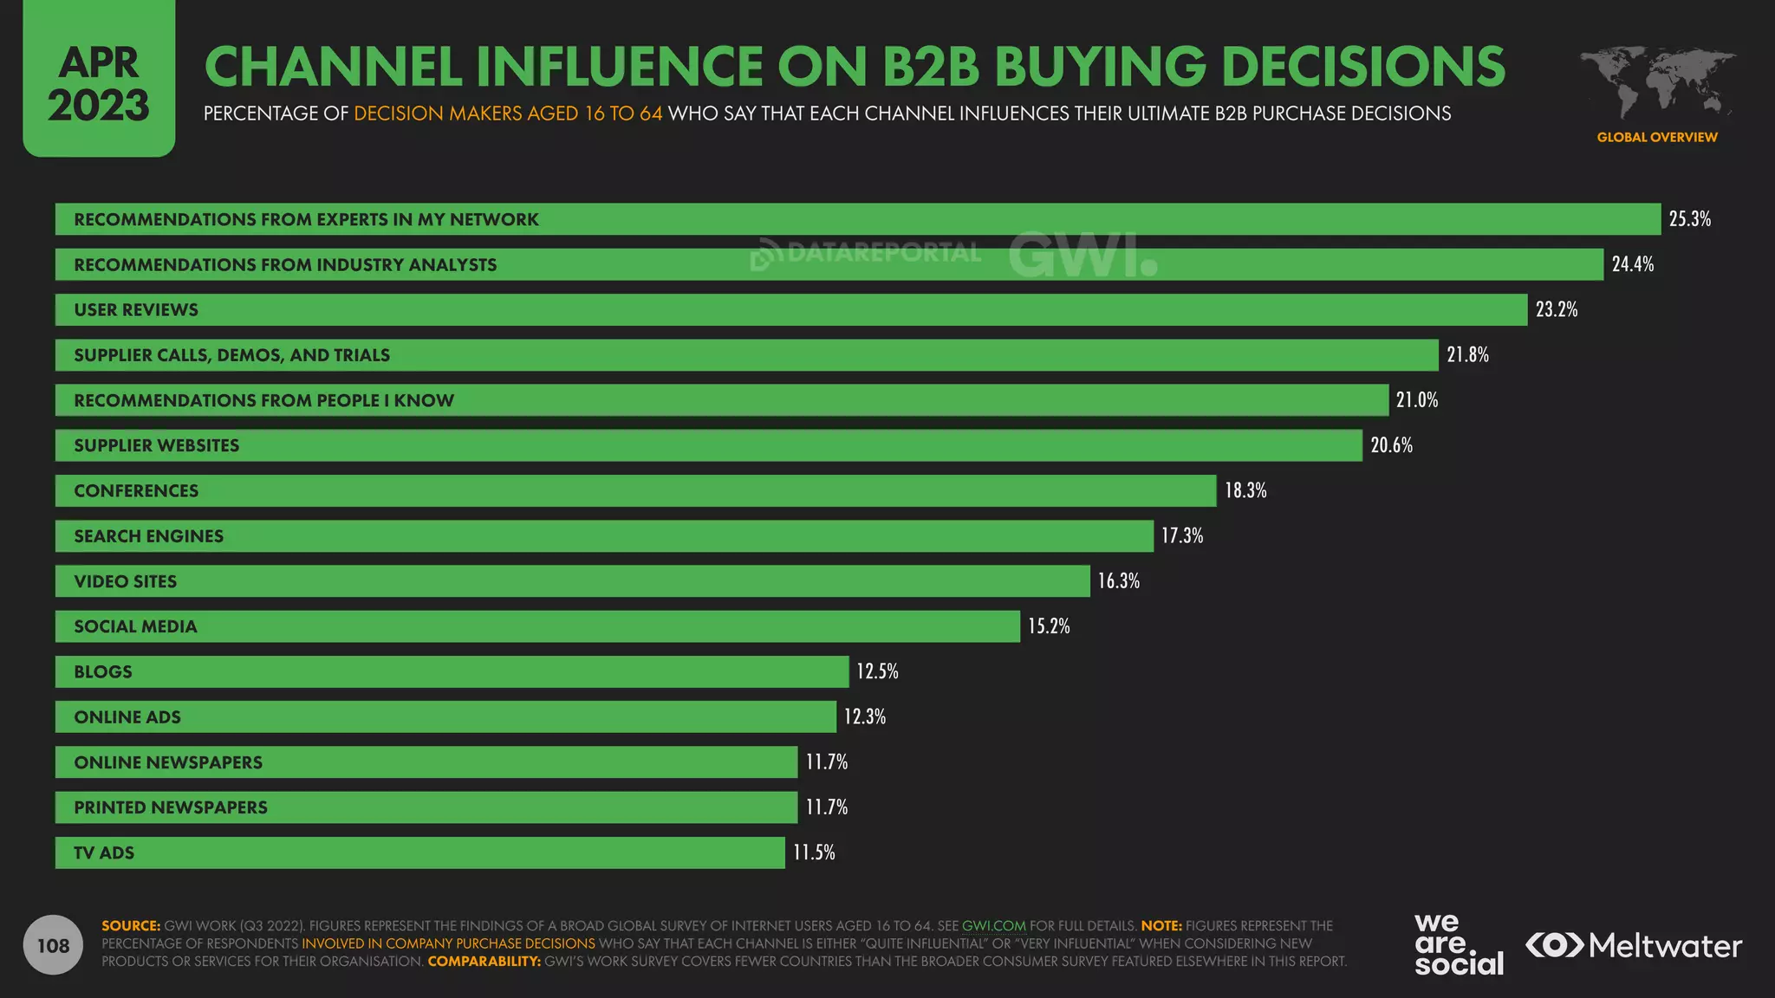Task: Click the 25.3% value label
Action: tap(1689, 219)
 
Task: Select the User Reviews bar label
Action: tap(136, 310)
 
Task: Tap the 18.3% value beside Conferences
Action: tap(1245, 491)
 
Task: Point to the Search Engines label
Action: tap(148, 536)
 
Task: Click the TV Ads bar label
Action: tap(104, 853)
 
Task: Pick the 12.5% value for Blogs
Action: tap(877, 671)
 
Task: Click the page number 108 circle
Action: tap(53, 945)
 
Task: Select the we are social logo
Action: tap(1459, 945)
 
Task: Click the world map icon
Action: tap(1657, 82)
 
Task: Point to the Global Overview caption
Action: tap(1656, 137)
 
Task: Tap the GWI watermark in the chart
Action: tap(1083, 255)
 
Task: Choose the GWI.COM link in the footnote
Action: tap(993, 926)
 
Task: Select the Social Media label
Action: tap(135, 626)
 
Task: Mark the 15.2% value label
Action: tap(1049, 626)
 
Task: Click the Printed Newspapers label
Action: tap(171, 807)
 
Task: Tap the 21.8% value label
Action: tap(1467, 355)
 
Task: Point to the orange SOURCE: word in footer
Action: tap(131, 926)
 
